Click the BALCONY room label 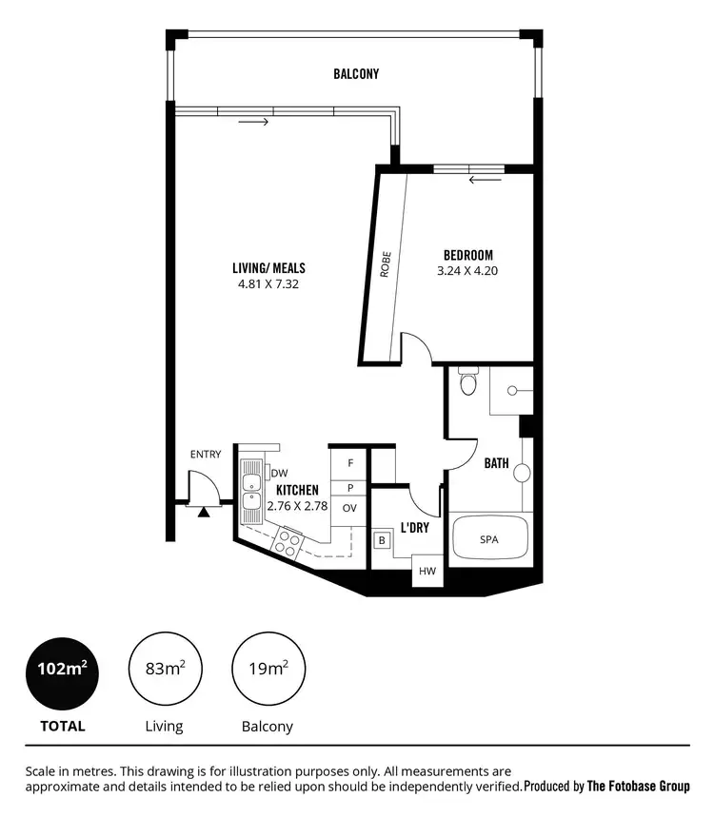[x=356, y=73]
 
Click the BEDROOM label [x=468, y=254]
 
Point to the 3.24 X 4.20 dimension [x=468, y=270]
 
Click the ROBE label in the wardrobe [x=386, y=263]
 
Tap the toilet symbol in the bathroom [x=466, y=382]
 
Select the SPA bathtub [x=488, y=539]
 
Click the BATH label [x=496, y=464]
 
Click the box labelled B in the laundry [x=382, y=540]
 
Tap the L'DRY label [x=412, y=527]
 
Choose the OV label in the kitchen [x=349, y=508]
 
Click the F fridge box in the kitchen [x=349, y=462]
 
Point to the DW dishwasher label [x=279, y=473]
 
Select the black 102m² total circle [x=62, y=671]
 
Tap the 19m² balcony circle [x=268, y=671]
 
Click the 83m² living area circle [x=164, y=671]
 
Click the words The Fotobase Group [x=638, y=787]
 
